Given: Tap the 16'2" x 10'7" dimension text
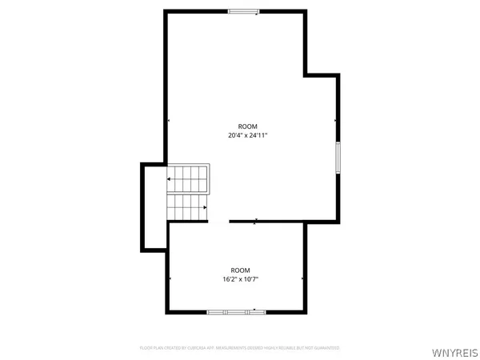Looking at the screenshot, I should [x=241, y=279].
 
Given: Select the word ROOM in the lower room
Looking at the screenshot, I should [x=241, y=270].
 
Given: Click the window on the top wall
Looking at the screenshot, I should [x=243, y=11].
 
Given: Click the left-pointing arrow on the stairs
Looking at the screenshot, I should [x=170, y=178].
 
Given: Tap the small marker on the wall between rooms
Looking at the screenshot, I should [x=255, y=221].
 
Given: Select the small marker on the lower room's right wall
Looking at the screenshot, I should [x=303, y=278].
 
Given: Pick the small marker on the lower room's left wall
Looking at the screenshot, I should [x=170, y=278].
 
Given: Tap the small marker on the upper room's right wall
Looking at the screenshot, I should [x=336, y=120].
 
